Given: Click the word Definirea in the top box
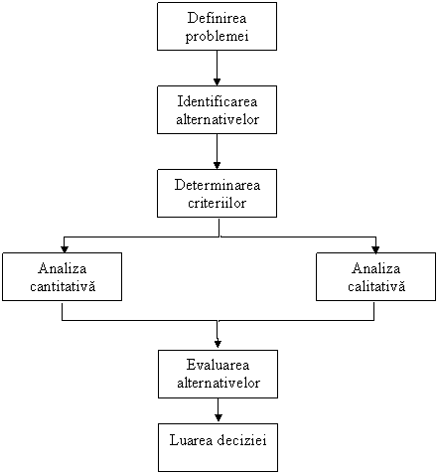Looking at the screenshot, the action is pyautogui.click(x=217, y=18).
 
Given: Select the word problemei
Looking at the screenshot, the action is pyautogui.click(x=217, y=36).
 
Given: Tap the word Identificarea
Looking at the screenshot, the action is pyautogui.click(x=218, y=101).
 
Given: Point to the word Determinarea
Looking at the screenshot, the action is pyautogui.click(x=218, y=185).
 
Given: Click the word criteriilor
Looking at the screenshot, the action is pyautogui.click(x=217, y=203).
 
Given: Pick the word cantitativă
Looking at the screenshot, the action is pyautogui.click(x=63, y=286).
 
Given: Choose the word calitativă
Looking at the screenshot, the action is pyautogui.click(x=376, y=286).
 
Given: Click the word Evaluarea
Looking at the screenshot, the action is pyautogui.click(x=218, y=365).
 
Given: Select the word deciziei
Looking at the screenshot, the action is pyautogui.click(x=241, y=440).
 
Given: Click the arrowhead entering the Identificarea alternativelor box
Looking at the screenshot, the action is pyautogui.click(x=217, y=81).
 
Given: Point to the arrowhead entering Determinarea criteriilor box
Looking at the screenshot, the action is pyautogui.click(x=217, y=165).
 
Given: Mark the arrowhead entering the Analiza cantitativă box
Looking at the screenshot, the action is pyautogui.click(x=65, y=249).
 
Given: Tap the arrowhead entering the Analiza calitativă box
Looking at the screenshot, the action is pyautogui.click(x=375, y=249).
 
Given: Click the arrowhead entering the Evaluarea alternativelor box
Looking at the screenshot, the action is pyautogui.click(x=218, y=344).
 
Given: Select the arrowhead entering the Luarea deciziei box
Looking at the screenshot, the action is pyautogui.click(x=219, y=417).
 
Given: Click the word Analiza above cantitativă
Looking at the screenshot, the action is pyautogui.click(x=63, y=268).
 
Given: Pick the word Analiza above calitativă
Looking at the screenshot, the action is pyautogui.click(x=376, y=268).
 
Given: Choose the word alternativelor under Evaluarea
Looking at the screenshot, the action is pyautogui.click(x=219, y=383).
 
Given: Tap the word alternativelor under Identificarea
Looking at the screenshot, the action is pyautogui.click(x=218, y=119).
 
